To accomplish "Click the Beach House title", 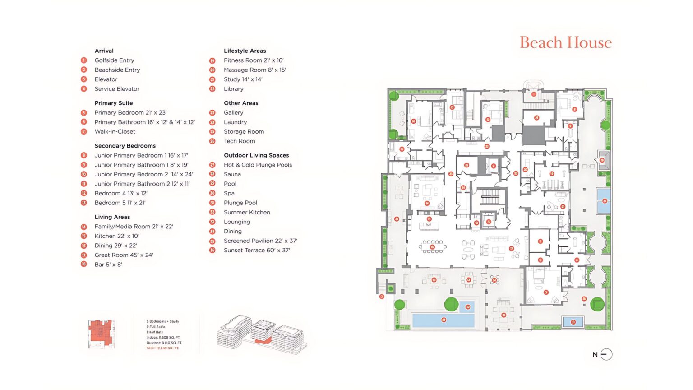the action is [x=566, y=42].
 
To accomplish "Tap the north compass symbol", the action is [x=606, y=354].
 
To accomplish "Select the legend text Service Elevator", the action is [x=117, y=89].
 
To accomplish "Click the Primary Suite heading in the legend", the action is [x=114, y=103].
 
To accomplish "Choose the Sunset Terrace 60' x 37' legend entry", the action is [x=257, y=251].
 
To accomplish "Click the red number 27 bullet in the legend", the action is [x=212, y=165].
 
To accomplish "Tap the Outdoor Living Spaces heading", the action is [x=256, y=155].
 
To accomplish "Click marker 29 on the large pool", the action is [x=444, y=320].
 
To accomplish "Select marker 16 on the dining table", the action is [x=432, y=247].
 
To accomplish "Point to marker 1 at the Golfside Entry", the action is [x=534, y=94].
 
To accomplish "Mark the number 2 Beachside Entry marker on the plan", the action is [x=382, y=297].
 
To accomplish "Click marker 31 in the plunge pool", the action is [x=573, y=322].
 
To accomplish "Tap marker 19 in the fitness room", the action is [x=551, y=173].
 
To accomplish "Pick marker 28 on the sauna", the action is [x=602, y=160].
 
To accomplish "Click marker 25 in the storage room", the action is [x=536, y=118].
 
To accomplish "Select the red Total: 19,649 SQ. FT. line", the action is [x=163, y=348].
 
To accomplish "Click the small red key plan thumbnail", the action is [x=101, y=333].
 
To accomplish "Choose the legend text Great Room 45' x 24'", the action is [x=124, y=255].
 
